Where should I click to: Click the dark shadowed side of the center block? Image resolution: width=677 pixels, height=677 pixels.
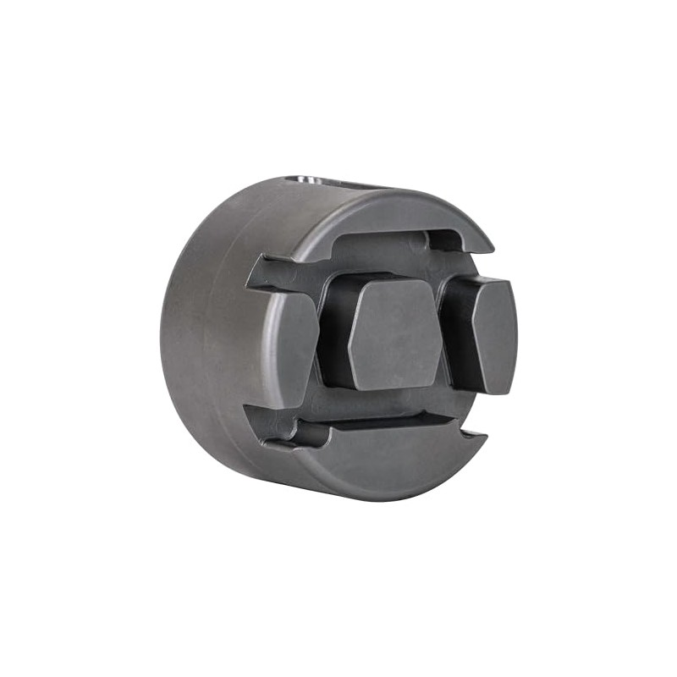(x=333, y=330)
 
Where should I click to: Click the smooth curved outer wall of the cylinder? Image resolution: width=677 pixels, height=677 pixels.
(x=203, y=338)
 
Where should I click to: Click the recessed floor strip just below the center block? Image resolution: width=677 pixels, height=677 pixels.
(x=381, y=405)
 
